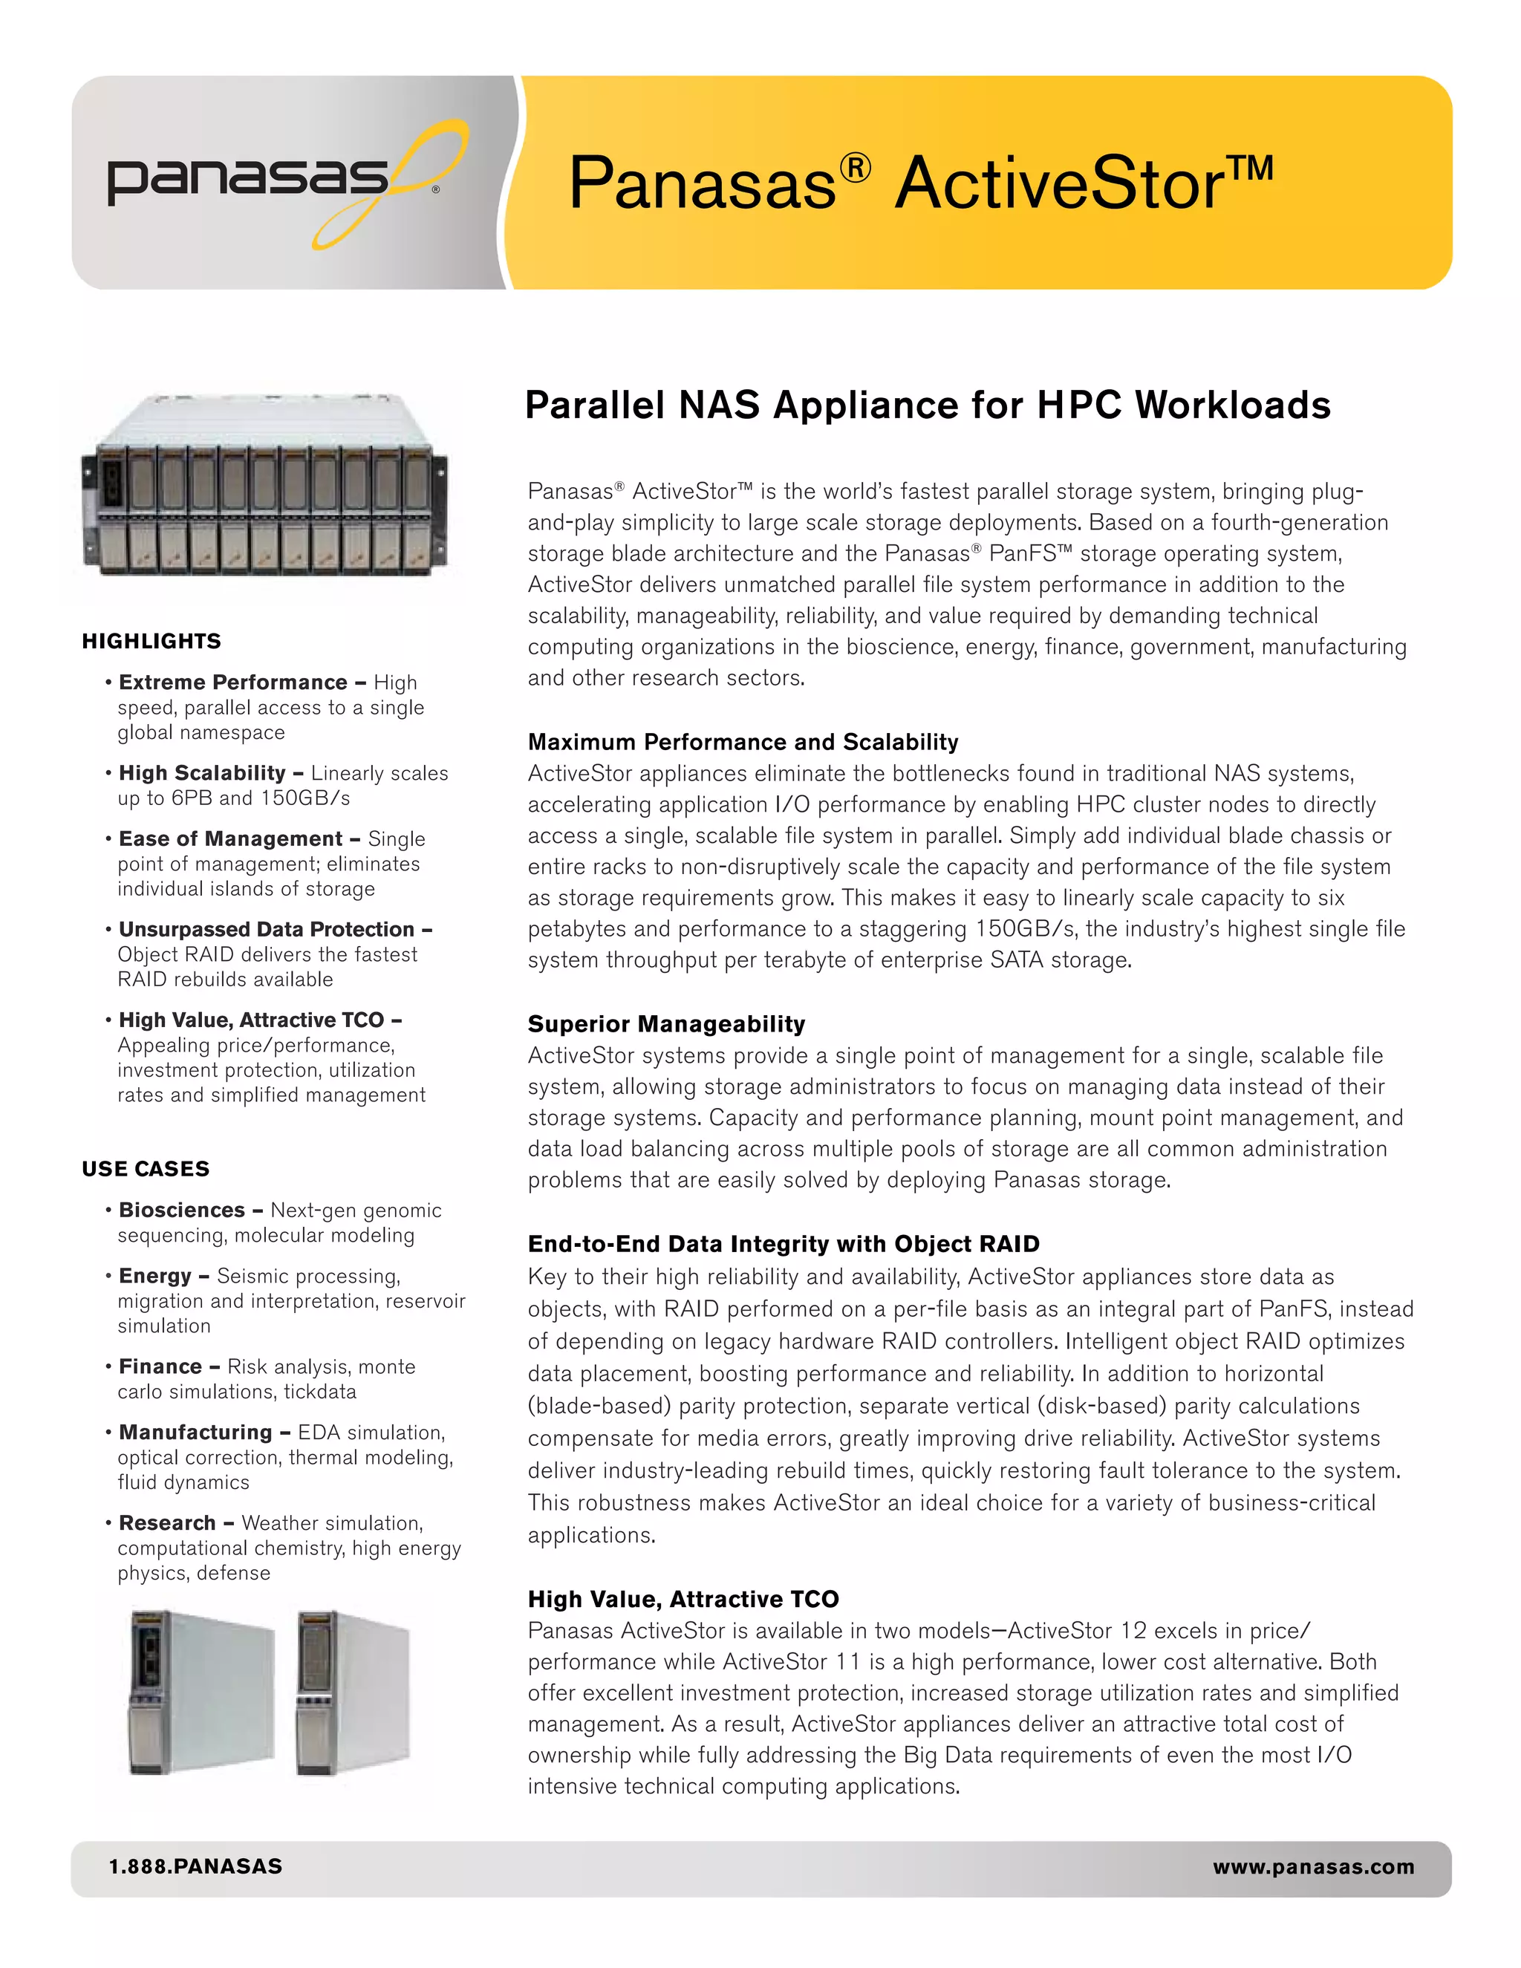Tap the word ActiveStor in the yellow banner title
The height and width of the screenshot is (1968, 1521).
[1059, 184]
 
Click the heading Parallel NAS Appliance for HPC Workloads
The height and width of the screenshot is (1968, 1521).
[927, 405]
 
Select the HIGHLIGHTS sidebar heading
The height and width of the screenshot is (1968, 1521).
[152, 641]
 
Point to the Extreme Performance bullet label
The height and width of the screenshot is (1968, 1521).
[232, 682]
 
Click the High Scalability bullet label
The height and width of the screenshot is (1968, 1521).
[202, 773]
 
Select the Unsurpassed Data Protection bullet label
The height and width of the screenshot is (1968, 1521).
[267, 929]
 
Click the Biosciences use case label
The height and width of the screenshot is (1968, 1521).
[182, 1211]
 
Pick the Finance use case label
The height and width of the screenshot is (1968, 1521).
[160, 1367]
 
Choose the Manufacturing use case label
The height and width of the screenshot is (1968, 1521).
[195, 1433]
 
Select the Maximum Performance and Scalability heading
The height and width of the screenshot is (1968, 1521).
[743, 742]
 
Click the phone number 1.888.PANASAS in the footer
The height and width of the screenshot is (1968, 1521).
[195, 1866]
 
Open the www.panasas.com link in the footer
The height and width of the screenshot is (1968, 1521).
[1313, 1866]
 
